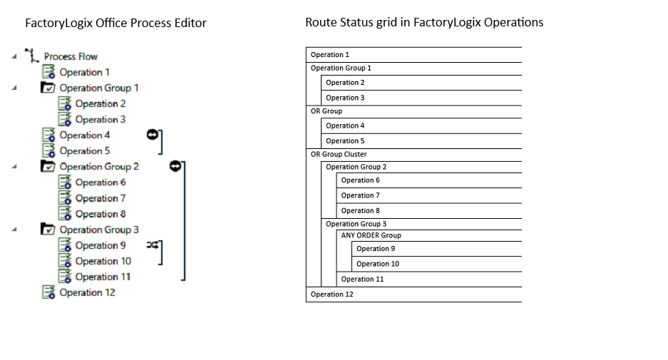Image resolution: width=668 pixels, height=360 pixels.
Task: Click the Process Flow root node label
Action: coord(70,56)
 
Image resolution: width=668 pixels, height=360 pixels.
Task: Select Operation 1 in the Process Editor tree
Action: coord(84,72)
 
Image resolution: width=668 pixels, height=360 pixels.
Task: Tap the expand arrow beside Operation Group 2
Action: coord(14,167)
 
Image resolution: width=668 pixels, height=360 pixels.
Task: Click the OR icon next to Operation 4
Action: coord(152,134)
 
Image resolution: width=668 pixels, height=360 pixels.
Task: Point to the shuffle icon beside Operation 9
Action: coord(152,245)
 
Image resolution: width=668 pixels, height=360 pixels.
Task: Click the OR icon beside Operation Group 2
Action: coord(175,165)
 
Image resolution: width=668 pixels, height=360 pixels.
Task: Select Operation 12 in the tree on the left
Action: coord(87,292)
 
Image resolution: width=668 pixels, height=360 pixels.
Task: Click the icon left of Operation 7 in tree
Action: coord(65,198)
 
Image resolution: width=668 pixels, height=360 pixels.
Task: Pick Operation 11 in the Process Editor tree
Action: coord(103,277)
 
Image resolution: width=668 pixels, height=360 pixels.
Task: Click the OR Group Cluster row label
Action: coord(339,154)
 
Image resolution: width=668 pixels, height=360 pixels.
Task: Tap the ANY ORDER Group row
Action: coord(371,235)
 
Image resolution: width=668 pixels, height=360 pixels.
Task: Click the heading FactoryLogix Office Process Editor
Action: coord(115,23)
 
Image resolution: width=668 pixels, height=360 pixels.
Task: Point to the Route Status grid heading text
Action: coord(424,22)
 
